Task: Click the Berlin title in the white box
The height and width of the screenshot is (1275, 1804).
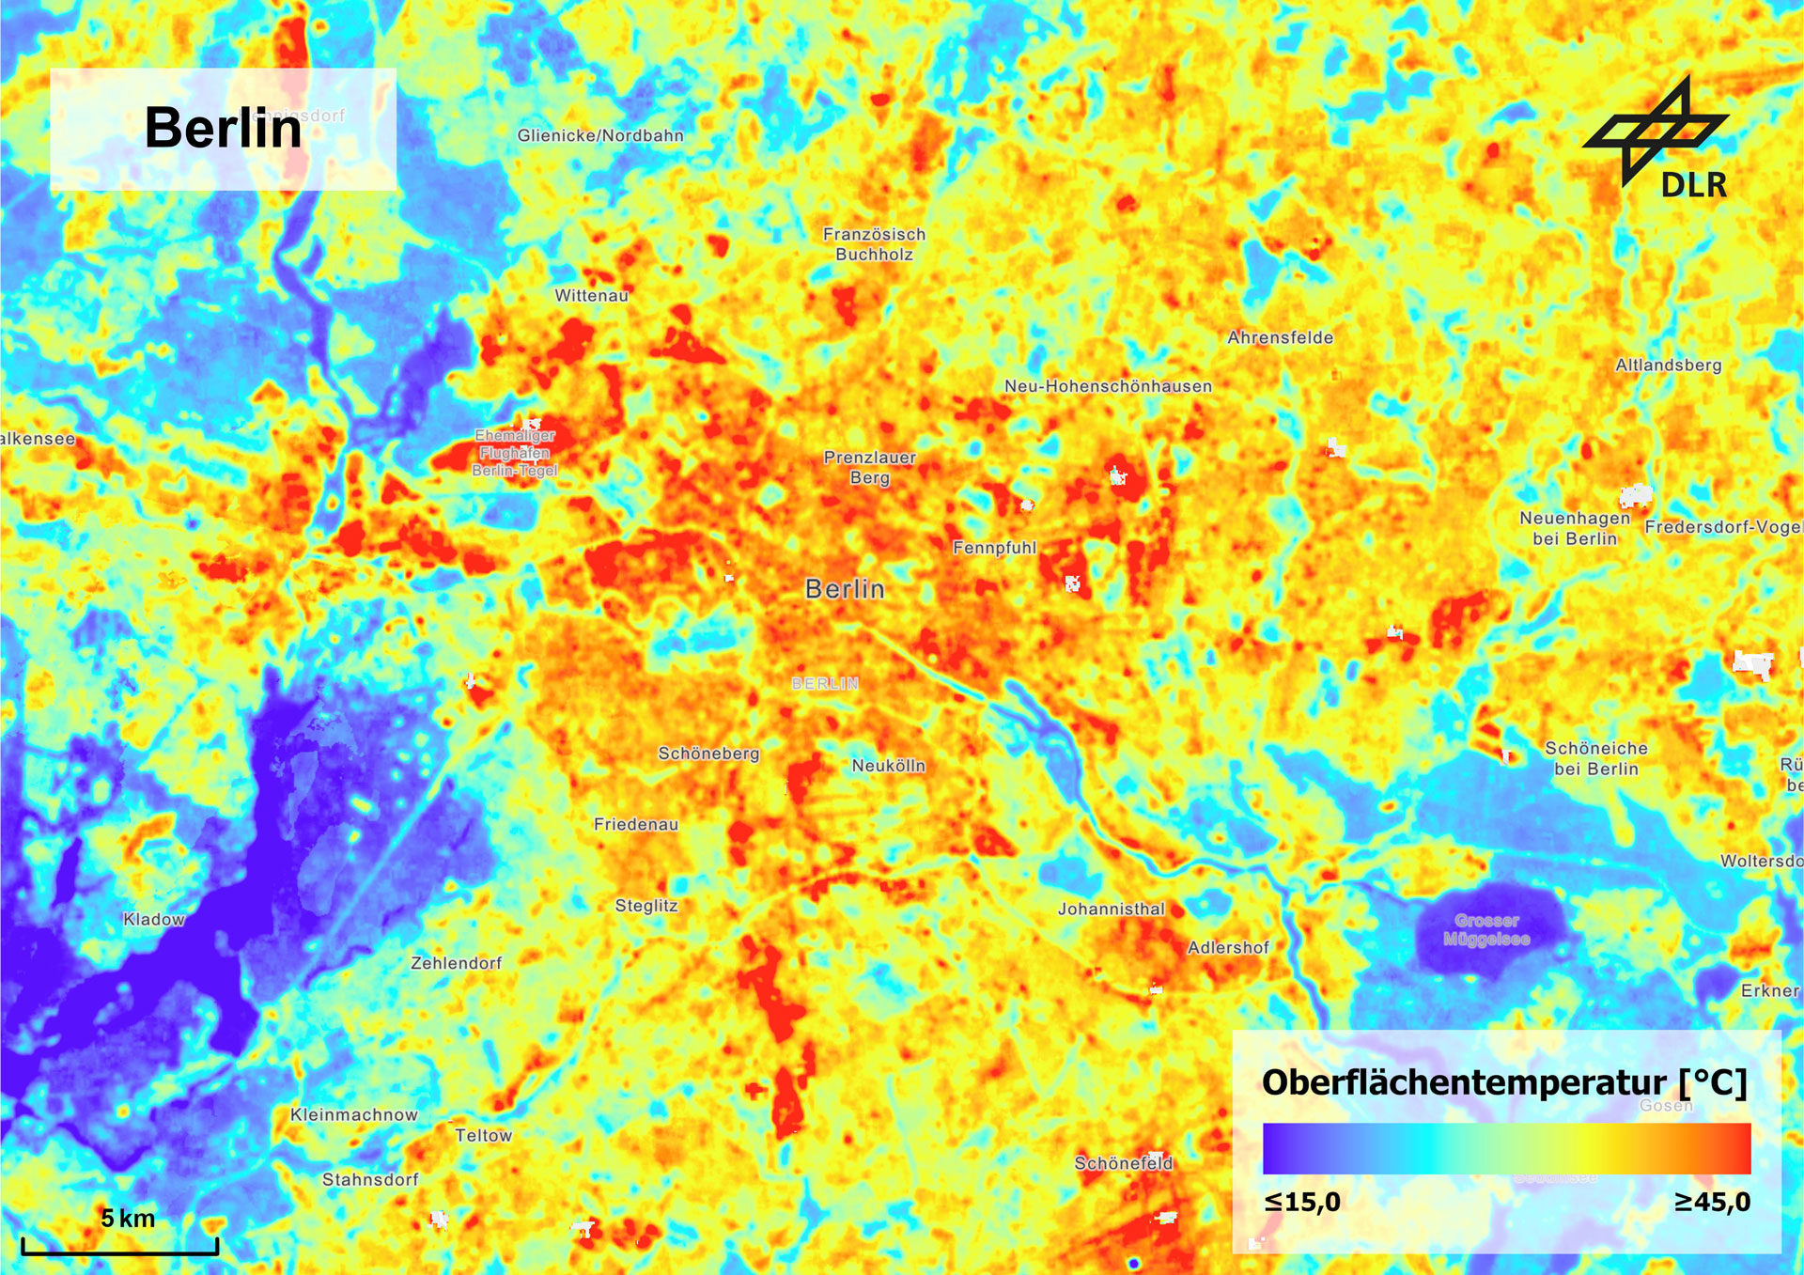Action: (x=223, y=128)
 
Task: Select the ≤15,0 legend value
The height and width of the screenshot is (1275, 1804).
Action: (x=1302, y=1202)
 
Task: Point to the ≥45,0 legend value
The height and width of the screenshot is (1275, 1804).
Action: (x=1712, y=1202)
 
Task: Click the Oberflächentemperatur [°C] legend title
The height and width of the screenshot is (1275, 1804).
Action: (x=1503, y=1082)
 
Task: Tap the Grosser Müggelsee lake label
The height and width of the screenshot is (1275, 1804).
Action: (x=1486, y=929)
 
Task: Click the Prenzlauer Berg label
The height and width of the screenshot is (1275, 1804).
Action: (x=869, y=467)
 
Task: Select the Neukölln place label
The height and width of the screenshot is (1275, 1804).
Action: (x=888, y=766)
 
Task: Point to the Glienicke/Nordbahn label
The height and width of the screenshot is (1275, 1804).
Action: (x=600, y=135)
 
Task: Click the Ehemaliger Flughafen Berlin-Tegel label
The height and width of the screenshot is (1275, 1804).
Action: (x=515, y=453)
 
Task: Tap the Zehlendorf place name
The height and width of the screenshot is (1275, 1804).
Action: (x=456, y=963)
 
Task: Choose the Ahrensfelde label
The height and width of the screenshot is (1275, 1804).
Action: (x=1280, y=337)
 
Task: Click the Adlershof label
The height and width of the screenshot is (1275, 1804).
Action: (x=1228, y=947)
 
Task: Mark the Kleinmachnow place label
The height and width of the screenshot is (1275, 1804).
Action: (x=353, y=1114)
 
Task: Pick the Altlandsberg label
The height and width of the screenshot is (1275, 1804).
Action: (x=1668, y=365)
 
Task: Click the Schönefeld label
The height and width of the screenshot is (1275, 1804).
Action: (x=1123, y=1163)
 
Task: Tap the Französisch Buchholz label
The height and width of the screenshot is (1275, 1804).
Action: (x=874, y=244)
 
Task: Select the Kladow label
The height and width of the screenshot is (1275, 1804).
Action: (x=154, y=919)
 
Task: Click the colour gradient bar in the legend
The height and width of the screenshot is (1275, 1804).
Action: (x=1506, y=1148)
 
